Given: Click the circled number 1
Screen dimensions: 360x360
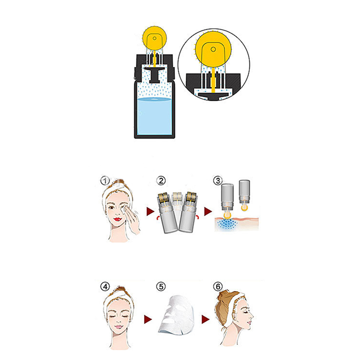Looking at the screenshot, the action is click(x=105, y=181).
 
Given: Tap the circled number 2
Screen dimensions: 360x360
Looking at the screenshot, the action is click(x=161, y=181).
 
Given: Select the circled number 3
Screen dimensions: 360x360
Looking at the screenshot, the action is click(x=218, y=180).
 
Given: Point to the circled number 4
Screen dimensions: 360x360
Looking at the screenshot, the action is click(x=105, y=287).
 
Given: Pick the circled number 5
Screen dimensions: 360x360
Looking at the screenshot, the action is click(x=161, y=287).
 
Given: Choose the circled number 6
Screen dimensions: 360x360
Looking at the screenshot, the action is click(x=218, y=287).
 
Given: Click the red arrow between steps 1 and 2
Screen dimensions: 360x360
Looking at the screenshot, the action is click(x=150, y=211).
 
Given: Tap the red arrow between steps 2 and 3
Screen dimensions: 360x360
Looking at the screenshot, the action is click(x=208, y=211).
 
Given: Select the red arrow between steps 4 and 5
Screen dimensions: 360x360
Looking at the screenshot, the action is click(x=148, y=319).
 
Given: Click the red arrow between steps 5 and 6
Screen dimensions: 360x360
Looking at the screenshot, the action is click(x=206, y=319).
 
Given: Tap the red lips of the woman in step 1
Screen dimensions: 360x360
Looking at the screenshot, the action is click(x=117, y=219).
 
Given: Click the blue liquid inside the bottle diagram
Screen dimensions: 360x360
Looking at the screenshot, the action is click(x=154, y=116).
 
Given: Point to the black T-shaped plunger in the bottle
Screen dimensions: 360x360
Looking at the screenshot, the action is click(x=154, y=75).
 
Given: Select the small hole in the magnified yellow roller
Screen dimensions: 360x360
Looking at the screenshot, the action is click(x=213, y=49).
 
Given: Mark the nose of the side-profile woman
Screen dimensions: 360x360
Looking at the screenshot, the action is click(x=252, y=317).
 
